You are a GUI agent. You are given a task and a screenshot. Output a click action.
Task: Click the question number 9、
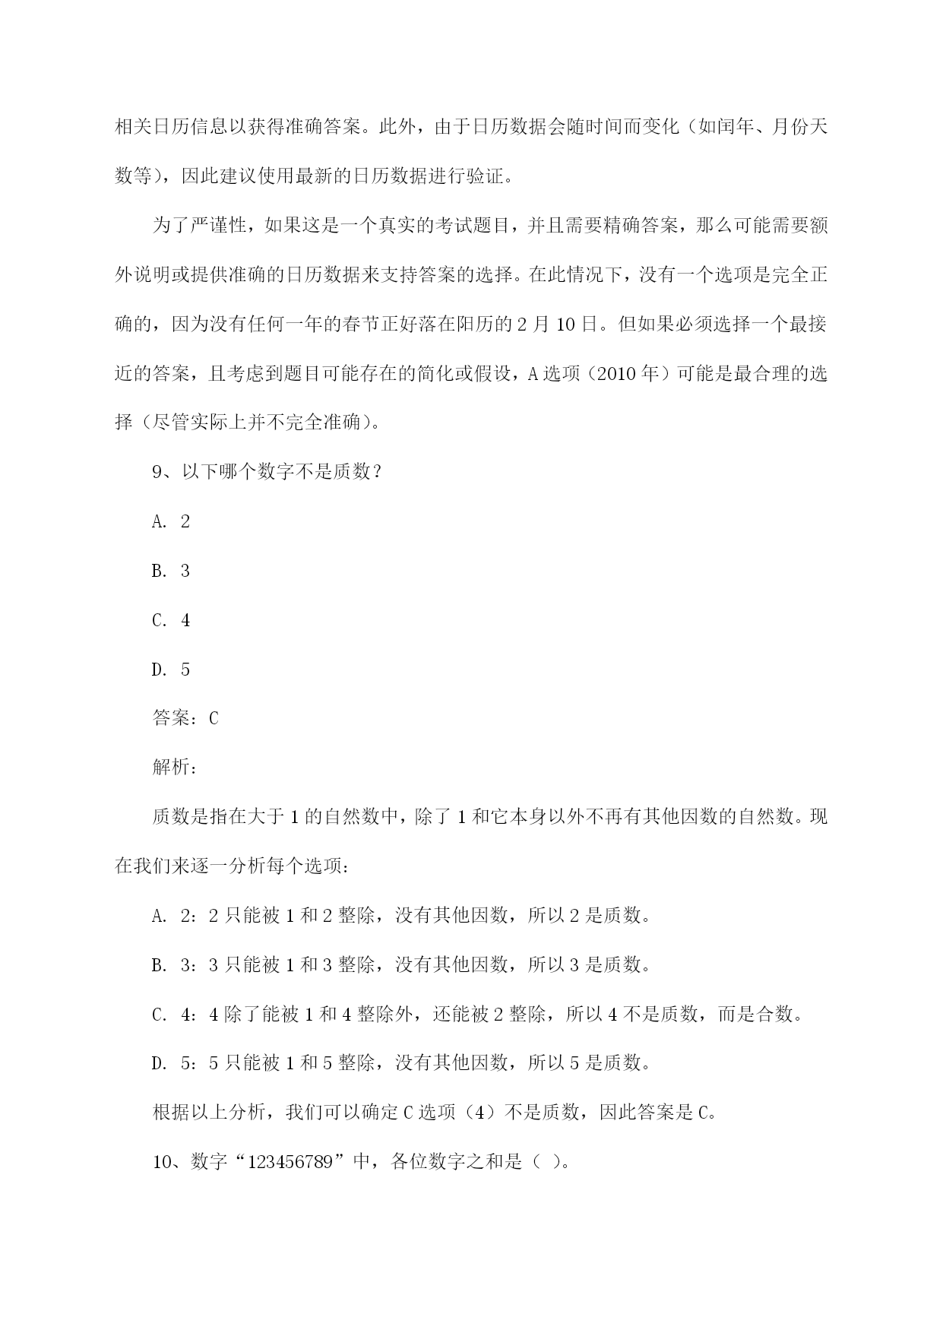point(164,472)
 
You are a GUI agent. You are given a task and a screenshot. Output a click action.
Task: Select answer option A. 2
point(171,521)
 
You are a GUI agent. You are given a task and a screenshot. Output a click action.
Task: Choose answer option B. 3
point(171,571)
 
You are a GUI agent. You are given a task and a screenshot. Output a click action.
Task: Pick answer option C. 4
point(171,620)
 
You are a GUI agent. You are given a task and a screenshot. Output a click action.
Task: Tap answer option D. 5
point(171,670)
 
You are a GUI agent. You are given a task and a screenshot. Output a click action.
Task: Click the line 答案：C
point(185,718)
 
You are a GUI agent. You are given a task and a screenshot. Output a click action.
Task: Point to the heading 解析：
point(176,768)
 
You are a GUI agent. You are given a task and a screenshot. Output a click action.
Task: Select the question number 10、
point(168,1162)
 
